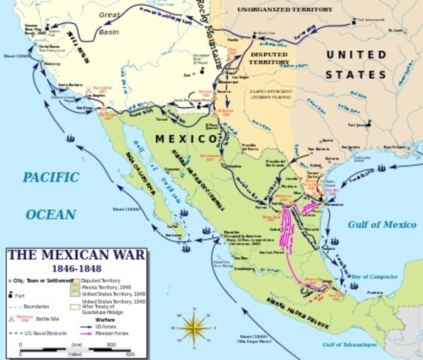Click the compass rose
pos(197,327)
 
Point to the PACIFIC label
pos(50,178)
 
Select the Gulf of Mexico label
pos(382,223)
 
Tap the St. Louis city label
pos(396,31)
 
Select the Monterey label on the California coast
pos(52,64)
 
